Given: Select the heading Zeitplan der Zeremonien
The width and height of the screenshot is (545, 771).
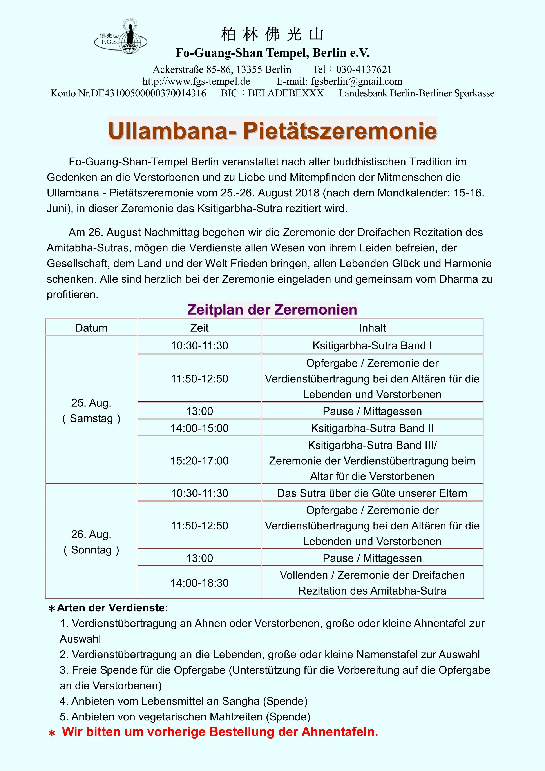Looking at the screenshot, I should point(272,309).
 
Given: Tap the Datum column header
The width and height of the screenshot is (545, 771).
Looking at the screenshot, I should point(91,328).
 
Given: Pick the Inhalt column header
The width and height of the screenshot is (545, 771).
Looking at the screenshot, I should point(372,328).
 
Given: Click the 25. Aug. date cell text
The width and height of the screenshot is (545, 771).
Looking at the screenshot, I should point(91,403).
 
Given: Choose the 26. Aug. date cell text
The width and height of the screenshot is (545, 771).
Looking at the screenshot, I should point(91,534).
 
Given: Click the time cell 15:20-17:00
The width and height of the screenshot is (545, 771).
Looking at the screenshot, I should point(199,461).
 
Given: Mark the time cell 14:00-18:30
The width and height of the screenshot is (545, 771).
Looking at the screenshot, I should point(199,583).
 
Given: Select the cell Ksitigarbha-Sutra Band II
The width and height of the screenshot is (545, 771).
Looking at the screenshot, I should point(372,428).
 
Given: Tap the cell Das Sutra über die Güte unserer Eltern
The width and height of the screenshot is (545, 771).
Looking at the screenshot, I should point(372,493).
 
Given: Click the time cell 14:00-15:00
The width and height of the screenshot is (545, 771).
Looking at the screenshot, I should point(199,428).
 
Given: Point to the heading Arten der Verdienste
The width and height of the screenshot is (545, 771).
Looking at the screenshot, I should point(112,608).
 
